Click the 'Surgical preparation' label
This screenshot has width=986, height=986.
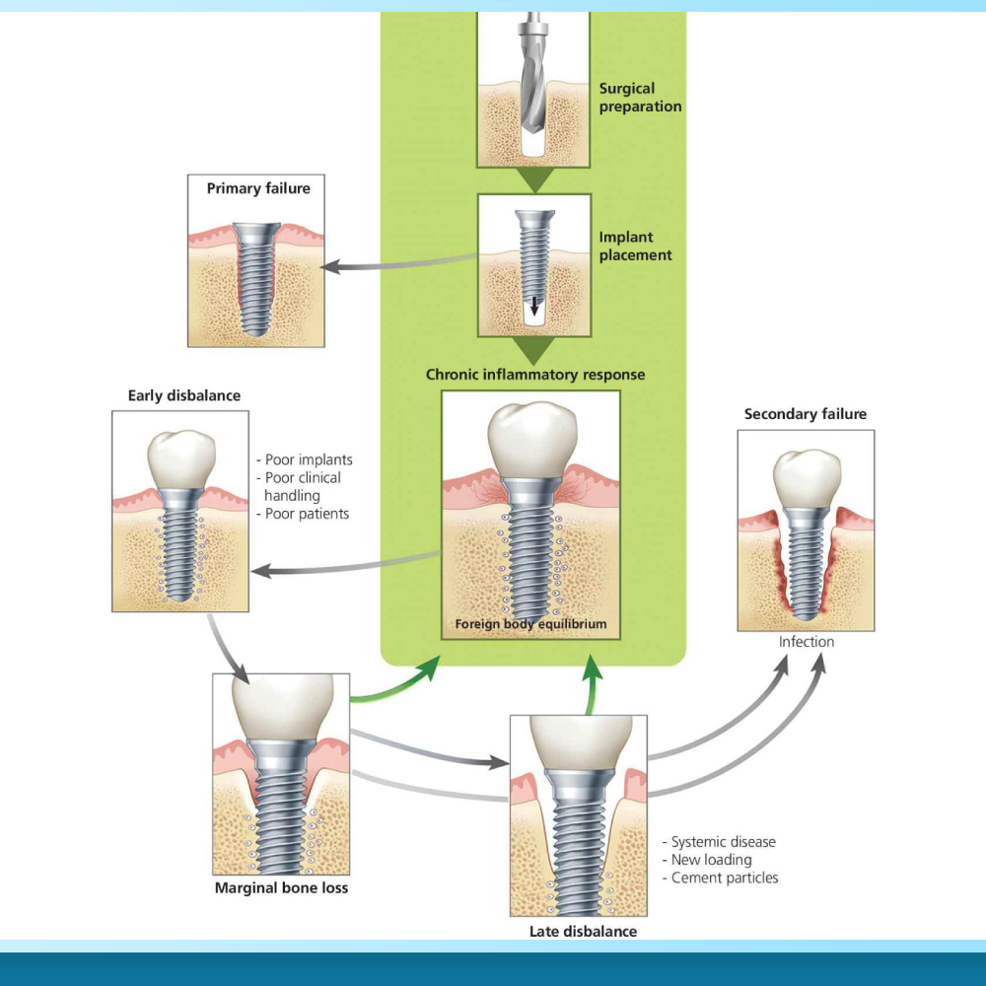640,98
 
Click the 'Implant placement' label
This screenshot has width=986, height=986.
635,246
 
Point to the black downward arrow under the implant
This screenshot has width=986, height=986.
534,305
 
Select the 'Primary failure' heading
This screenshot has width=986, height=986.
258,188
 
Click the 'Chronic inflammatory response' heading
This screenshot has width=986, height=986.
535,375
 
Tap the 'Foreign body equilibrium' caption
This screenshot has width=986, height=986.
530,624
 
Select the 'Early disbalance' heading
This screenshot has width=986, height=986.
184,395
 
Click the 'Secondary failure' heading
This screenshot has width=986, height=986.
806,414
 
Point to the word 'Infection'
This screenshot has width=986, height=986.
807,642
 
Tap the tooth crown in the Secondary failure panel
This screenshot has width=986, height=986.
806,479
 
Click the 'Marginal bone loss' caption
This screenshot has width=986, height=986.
281,887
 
